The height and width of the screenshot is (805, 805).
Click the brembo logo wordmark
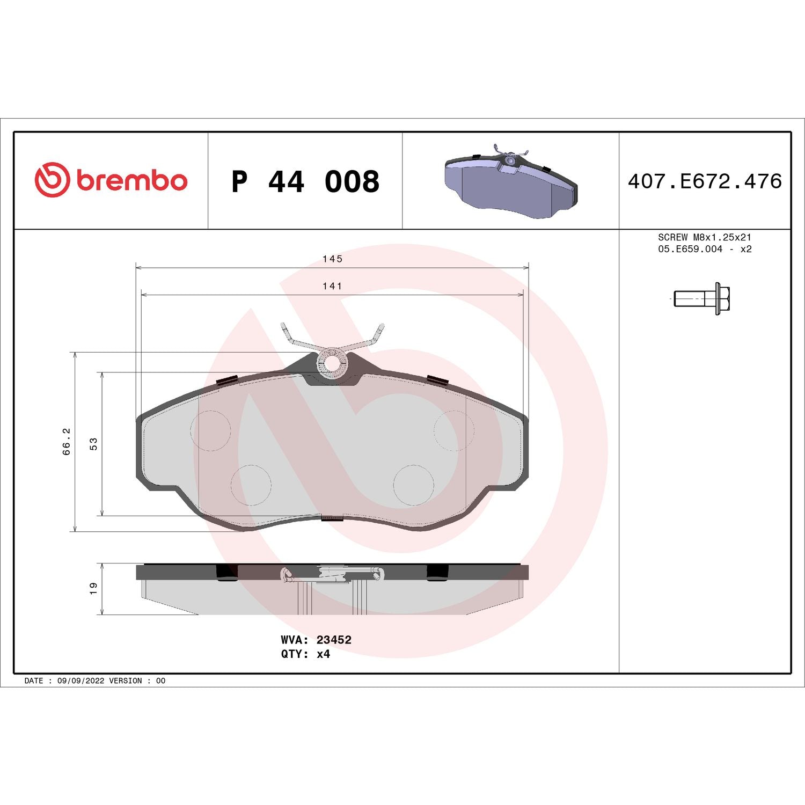point(131,180)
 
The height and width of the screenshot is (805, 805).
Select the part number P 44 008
point(305,181)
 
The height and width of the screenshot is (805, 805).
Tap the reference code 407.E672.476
point(705,181)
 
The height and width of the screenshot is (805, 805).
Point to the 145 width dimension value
point(332,259)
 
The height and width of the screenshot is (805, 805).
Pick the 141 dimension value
point(332,286)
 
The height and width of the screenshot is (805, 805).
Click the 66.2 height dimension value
point(67,442)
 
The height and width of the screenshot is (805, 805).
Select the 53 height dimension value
point(94,444)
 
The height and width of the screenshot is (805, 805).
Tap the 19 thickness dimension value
point(94,588)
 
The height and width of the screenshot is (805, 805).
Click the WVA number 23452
point(334,640)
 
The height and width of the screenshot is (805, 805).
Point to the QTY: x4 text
point(305,654)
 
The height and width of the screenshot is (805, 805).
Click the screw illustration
point(701,298)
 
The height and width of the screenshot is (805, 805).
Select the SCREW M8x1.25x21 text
point(705,237)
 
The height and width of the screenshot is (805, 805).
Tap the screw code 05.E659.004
point(690,249)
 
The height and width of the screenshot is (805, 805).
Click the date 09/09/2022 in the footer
point(80,680)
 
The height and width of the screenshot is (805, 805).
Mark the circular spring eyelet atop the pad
point(333,364)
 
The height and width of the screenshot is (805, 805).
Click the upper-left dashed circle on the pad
point(211,430)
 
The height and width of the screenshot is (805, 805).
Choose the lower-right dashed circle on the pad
point(413,485)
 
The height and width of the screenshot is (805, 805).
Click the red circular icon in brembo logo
point(52,179)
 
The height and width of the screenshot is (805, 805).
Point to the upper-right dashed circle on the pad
point(454,430)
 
